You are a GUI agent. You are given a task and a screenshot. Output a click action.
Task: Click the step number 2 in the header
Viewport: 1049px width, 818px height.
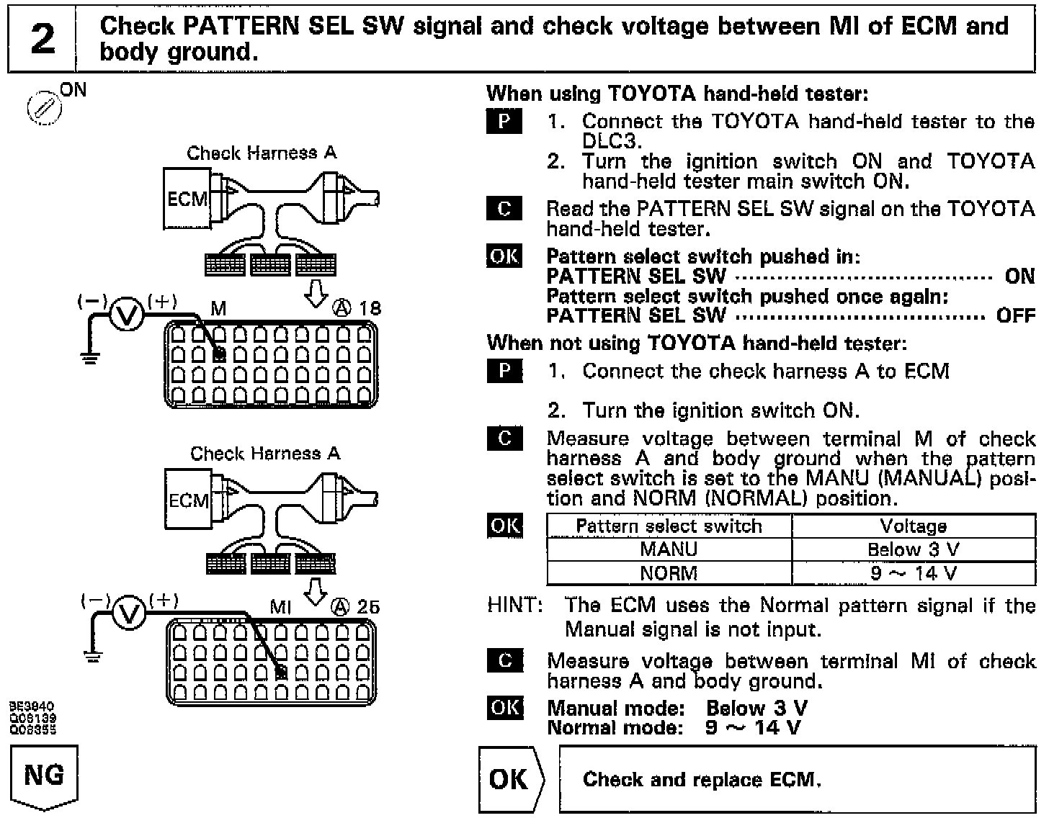tap(42, 39)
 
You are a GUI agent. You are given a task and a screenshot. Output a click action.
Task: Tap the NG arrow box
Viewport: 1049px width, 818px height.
tap(44, 777)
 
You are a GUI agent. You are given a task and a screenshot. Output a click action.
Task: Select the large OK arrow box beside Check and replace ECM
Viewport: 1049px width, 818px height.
tap(511, 780)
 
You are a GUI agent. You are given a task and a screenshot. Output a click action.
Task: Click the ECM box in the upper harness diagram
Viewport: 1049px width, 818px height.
tap(187, 198)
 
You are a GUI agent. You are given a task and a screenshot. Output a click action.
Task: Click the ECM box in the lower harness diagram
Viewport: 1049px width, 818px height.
tap(187, 500)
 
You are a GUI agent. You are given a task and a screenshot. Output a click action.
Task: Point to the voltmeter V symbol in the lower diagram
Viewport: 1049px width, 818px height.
tap(130, 613)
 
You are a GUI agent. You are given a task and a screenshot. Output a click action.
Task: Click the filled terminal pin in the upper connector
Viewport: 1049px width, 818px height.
tap(220, 354)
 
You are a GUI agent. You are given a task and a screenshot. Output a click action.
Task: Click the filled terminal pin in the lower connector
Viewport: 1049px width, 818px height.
tap(282, 673)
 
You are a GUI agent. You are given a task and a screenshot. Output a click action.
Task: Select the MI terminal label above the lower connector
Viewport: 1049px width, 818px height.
tap(280, 607)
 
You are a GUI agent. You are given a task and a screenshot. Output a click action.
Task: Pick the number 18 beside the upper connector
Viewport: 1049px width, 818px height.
tap(370, 309)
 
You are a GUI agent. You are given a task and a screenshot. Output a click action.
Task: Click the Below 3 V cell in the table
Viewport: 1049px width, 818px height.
tap(913, 550)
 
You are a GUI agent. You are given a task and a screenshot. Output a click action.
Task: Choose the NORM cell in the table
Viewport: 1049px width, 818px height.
tap(669, 573)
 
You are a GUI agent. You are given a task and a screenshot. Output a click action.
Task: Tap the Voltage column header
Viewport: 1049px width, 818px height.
tap(913, 526)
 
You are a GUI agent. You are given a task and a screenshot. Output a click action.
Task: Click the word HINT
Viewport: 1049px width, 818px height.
tap(515, 605)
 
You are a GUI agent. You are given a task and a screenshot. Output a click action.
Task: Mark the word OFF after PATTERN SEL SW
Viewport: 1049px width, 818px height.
tap(1016, 315)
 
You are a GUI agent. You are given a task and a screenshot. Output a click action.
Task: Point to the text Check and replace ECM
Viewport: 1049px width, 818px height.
tap(702, 780)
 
